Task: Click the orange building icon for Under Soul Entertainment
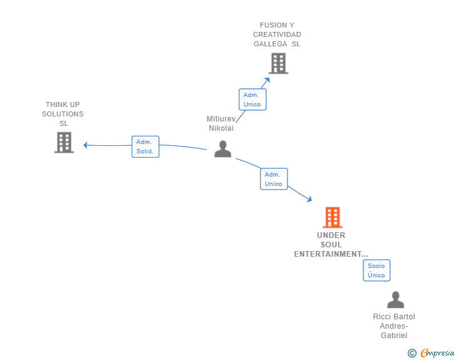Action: coord(333,217)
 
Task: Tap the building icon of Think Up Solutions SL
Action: coord(64,143)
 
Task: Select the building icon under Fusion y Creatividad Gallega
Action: coord(278,63)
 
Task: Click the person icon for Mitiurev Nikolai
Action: coord(223,148)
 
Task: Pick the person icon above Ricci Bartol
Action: coord(395,299)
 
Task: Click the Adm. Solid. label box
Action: coord(145,147)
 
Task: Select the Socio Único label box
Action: coord(376,270)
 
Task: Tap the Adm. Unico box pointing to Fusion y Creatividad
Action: coord(252,100)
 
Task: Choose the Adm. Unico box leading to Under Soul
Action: coord(274,179)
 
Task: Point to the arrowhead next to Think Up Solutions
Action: coord(85,145)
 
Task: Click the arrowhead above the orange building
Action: coord(309,199)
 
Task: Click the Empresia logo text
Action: coord(437,352)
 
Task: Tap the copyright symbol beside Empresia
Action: coord(412,353)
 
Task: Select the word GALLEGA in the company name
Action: coord(270,44)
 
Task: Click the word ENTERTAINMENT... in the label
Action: coord(331,254)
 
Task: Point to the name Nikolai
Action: coord(221,128)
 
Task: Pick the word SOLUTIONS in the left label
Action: coord(63,114)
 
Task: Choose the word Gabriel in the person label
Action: coord(394,336)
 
